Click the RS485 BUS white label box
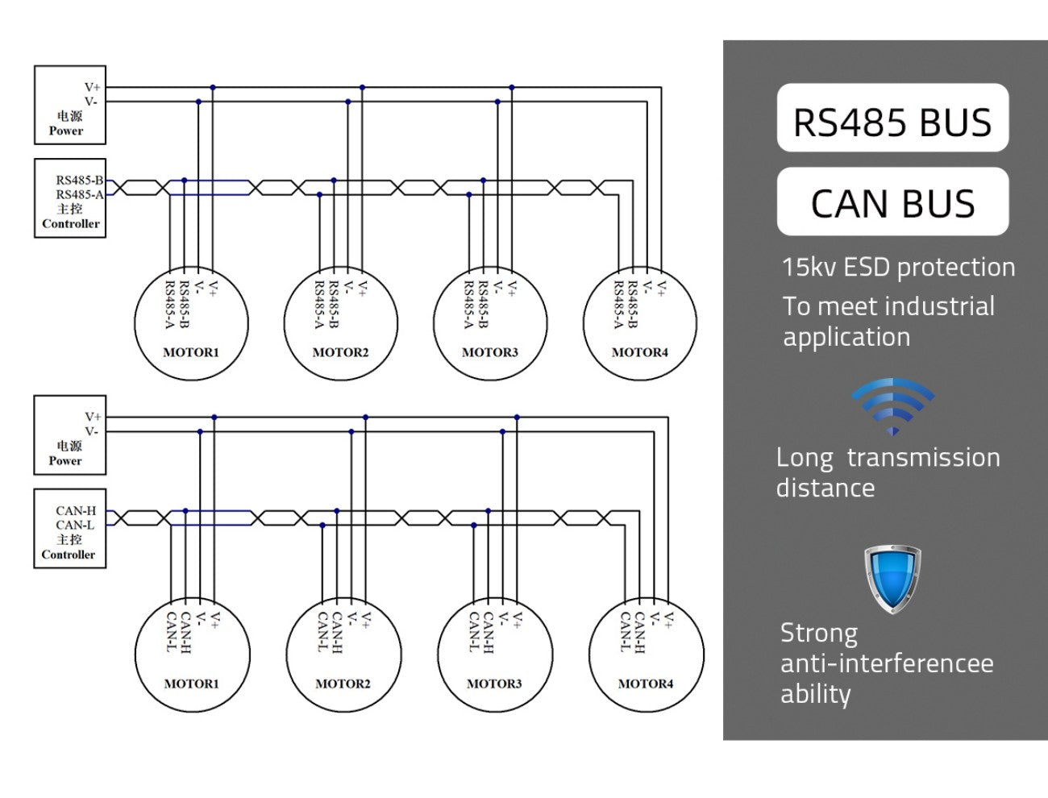[892, 118]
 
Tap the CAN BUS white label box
[892, 201]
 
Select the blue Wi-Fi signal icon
[892, 406]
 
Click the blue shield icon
[892, 579]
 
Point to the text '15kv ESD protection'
[898, 268]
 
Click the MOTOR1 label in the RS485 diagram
[191, 352]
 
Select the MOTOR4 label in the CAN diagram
[646, 684]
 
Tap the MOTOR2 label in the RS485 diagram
[340, 352]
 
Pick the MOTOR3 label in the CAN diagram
[494, 684]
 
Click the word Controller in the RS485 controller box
[71, 223]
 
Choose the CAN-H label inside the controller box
[76, 511]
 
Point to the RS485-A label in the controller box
[80, 195]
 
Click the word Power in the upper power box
[66, 131]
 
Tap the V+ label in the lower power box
[93, 417]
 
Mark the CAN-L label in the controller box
[75, 525]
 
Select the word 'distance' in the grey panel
[826, 488]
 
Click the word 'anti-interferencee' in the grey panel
[887, 663]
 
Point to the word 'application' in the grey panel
[846, 339]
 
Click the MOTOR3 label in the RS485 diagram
[490, 352]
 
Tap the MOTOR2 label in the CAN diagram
[343, 684]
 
